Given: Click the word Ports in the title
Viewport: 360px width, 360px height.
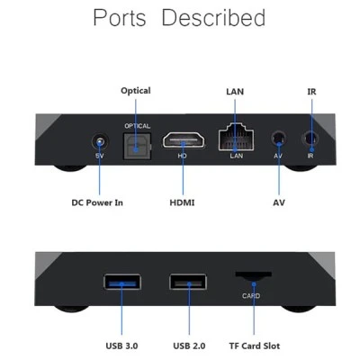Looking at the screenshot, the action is pos(120,18).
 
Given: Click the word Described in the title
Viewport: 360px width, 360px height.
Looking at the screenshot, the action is pos(213,18).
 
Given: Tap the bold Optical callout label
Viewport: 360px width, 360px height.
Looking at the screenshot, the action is pos(136,91).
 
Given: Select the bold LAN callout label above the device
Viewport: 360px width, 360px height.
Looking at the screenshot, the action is pos(235,92).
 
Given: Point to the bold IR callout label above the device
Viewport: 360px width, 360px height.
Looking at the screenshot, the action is pos(311,92).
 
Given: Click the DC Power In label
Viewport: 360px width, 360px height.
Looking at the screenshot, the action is pos(97,202).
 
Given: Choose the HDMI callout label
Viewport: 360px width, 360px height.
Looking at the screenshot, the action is pos(182,202).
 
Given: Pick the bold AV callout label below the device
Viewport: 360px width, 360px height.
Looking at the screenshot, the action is pos(279,202).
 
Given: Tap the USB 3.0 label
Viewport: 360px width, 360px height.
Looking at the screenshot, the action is pos(121,346).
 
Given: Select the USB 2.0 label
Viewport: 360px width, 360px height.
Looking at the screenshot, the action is pos(189,346).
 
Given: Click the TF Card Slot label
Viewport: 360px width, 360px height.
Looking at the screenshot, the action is pos(255,346).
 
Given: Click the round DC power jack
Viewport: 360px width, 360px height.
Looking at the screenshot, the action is pos(100,142).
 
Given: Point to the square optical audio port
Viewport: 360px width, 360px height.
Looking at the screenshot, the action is pos(138,146).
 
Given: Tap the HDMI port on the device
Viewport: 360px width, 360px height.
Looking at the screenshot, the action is pos(184,140).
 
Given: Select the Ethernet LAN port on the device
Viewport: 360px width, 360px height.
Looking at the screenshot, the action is pos(236,137).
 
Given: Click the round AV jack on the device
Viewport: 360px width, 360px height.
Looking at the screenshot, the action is pos(278,139).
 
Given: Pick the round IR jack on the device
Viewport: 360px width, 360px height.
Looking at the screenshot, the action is pos(310,139).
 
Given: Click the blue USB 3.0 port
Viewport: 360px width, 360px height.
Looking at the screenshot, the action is pos(122,282).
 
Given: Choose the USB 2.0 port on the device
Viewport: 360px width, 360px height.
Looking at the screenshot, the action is pos(188,282).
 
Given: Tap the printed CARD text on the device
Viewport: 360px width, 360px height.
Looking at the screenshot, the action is pos(251,296).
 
